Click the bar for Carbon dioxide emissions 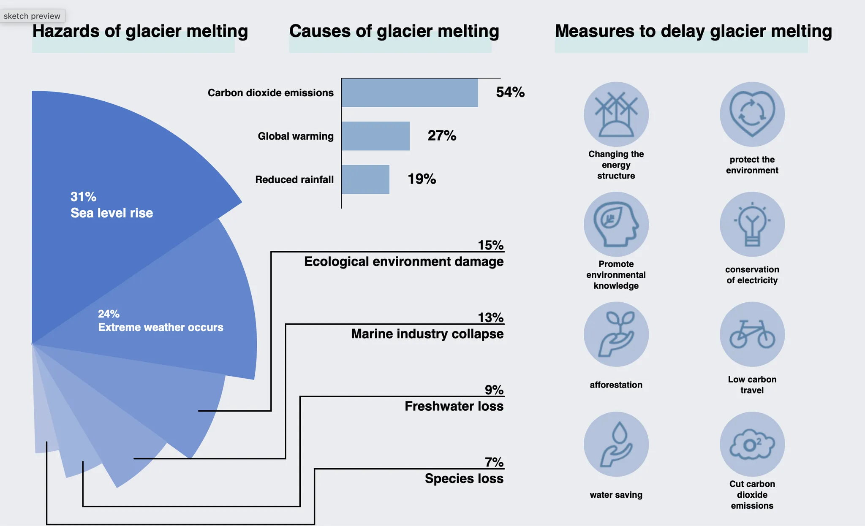click(x=409, y=92)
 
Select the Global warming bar click(x=375, y=136)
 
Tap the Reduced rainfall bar click(x=365, y=179)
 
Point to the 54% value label click(x=510, y=92)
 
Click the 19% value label click(x=422, y=179)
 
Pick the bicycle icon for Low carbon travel click(x=752, y=334)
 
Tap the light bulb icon click(x=752, y=224)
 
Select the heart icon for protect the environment click(x=752, y=114)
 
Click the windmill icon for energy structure click(x=616, y=114)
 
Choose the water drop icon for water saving click(x=616, y=444)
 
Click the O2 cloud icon click(x=752, y=444)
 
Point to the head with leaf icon click(x=616, y=224)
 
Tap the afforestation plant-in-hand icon click(x=616, y=334)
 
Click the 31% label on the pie click(x=83, y=197)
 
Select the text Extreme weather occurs click(x=160, y=327)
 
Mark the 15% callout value click(x=490, y=245)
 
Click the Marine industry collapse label click(x=427, y=334)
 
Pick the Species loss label click(x=464, y=478)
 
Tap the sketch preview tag click(x=32, y=16)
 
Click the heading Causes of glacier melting click(x=394, y=31)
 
